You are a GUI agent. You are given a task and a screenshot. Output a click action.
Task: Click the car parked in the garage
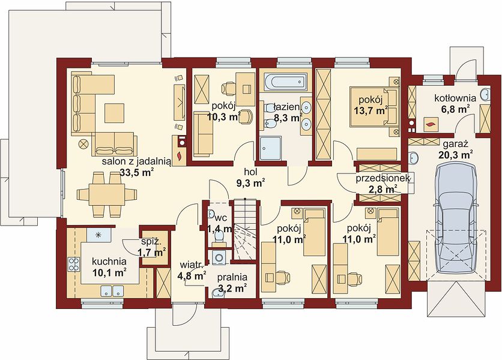click(x=455, y=218)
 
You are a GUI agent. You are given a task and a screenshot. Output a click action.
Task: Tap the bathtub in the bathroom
click(x=285, y=81)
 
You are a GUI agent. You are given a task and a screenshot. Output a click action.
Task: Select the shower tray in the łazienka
click(x=271, y=148)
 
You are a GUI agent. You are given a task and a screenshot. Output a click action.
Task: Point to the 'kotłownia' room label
click(x=455, y=98)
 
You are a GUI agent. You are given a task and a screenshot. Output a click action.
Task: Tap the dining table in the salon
click(x=107, y=194)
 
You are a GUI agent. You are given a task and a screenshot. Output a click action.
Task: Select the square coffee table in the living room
click(x=114, y=113)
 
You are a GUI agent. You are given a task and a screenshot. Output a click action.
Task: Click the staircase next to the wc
click(x=245, y=229)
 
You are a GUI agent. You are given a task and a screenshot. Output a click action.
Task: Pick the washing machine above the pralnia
click(x=219, y=257)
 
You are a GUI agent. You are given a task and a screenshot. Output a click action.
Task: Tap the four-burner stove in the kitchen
click(x=74, y=265)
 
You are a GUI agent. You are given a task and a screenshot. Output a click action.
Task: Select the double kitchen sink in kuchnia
click(x=112, y=291)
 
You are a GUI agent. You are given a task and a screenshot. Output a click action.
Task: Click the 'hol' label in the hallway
click(x=251, y=172)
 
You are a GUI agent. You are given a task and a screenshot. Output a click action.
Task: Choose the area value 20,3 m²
click(x=456, y=155)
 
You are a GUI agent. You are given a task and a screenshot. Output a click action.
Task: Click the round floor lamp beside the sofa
click(x=83, y=144)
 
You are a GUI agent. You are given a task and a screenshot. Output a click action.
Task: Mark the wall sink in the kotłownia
click(x=485, y=94)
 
